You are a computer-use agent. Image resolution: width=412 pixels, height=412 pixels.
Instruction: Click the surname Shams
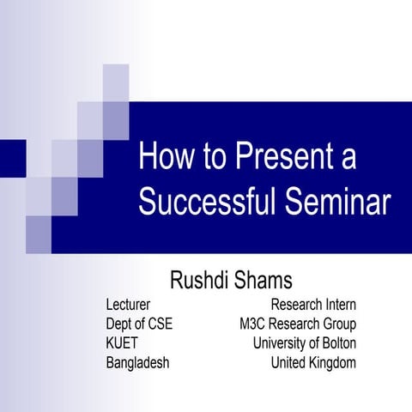[266, 279]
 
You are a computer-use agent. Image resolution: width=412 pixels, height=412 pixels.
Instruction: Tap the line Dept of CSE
[139, 324]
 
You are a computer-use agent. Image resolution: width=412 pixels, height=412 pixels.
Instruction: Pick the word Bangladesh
[137, 362]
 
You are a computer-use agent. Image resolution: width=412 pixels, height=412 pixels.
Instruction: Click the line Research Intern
[313, 305]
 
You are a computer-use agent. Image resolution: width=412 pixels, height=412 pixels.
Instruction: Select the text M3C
[256, 324]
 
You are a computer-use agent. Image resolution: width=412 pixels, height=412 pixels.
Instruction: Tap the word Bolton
[336, 342]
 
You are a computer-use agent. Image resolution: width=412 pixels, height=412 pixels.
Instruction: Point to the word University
[280, 342]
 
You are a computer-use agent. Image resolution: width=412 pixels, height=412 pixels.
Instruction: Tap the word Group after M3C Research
[337, 324]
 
